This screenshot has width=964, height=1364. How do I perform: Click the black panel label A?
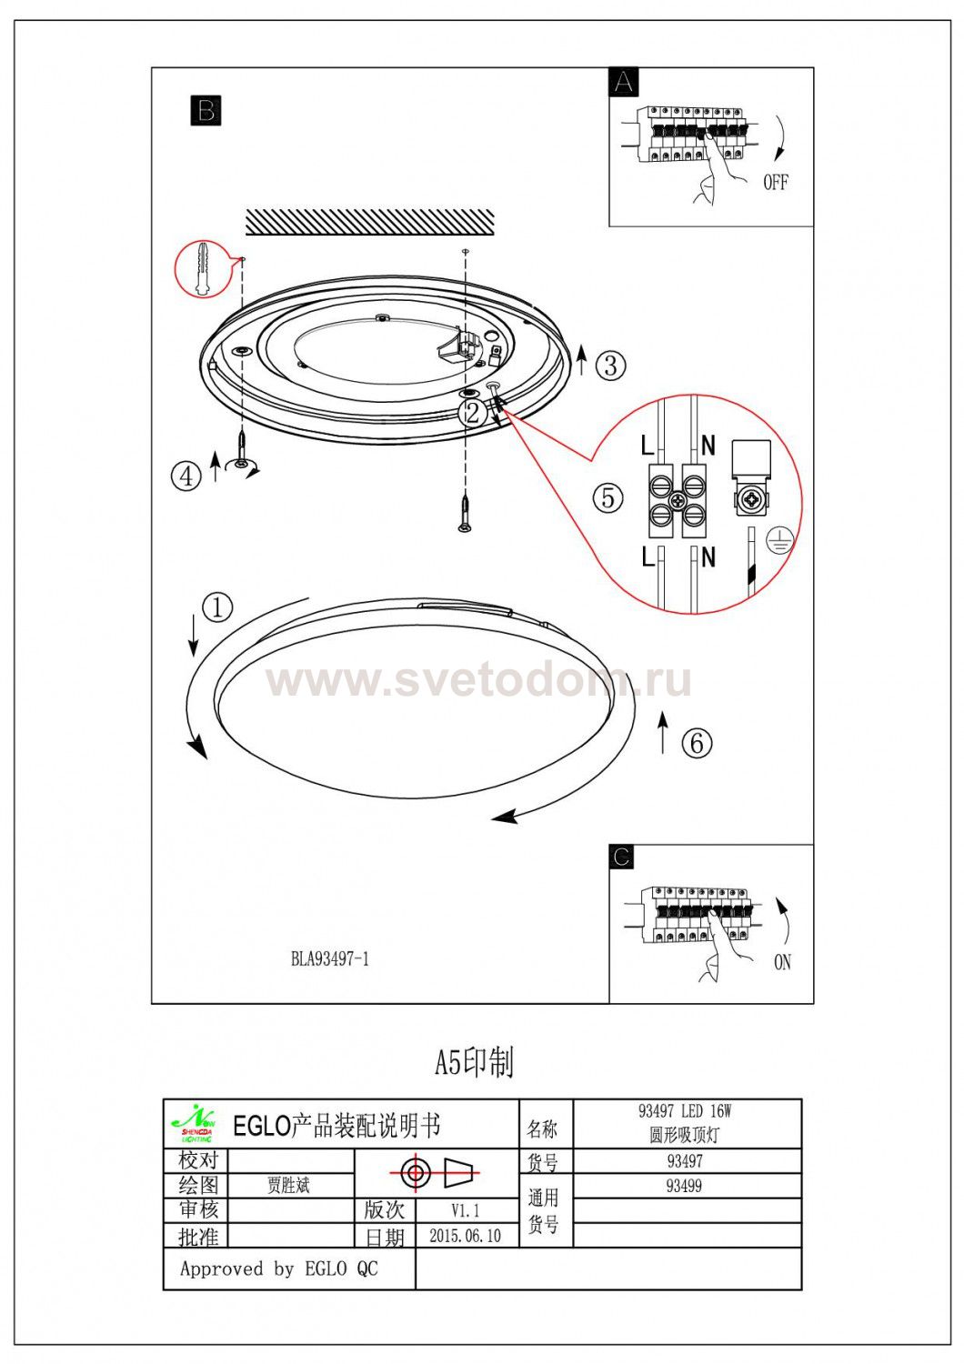[624, 82]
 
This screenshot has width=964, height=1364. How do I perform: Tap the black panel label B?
[206, 110]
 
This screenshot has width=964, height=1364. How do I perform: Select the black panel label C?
[621, 857]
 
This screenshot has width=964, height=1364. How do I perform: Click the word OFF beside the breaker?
[775, 182]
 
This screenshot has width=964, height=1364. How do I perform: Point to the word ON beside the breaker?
[782, 962]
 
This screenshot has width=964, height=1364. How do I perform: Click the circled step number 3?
[611, 366]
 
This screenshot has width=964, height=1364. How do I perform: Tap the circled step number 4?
[186, 476]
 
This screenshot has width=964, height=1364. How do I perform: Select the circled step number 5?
[608, 497]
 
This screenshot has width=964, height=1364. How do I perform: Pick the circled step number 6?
[698, 743]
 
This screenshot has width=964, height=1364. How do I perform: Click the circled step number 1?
[217, 607]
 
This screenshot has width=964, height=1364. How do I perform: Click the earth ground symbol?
[780, 540]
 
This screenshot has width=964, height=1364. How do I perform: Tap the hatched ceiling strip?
[369, 222]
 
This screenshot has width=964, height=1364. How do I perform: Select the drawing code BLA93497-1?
[330, 959]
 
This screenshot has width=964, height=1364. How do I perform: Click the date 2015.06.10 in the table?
[466, 1236]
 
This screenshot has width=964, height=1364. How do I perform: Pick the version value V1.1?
[466, 1210]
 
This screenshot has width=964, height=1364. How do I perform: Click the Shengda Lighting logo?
[195, 1124]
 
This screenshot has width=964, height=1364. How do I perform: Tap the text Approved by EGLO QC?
[279, 1269]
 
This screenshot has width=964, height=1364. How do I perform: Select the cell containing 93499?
[687, 1186]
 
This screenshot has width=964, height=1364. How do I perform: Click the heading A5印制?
[475, 1062]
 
